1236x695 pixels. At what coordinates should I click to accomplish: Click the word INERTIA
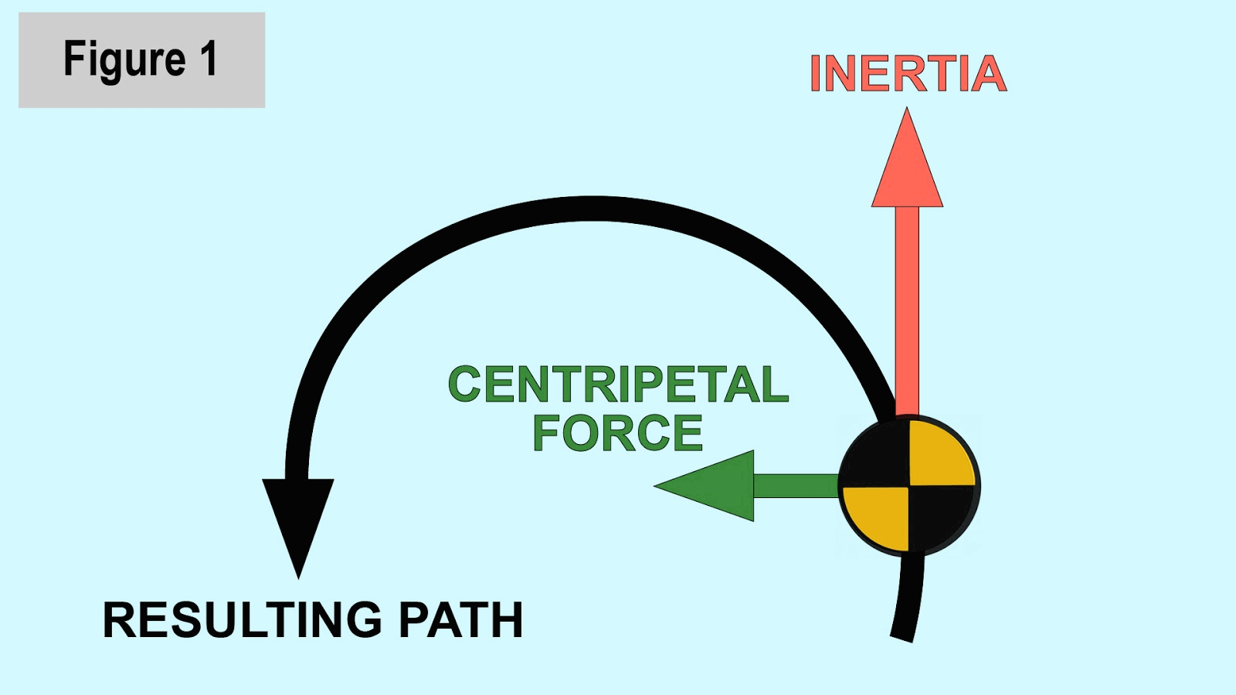coord(908,74)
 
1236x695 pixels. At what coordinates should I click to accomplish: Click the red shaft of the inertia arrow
coord(907,309)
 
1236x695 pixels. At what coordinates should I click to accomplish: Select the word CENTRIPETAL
coord(618,385)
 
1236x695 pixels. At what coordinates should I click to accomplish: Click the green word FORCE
coord(618,433)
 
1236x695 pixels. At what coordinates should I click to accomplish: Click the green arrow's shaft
coord(796,486)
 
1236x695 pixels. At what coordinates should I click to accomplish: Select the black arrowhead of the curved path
coord(298,517)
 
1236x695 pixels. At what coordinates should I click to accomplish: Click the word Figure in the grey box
coord(124,60)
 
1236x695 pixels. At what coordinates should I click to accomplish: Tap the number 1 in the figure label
coord(208,59)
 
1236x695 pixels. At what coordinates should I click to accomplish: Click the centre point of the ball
coord(908,486)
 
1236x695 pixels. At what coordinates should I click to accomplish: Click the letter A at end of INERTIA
coord(988,74)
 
